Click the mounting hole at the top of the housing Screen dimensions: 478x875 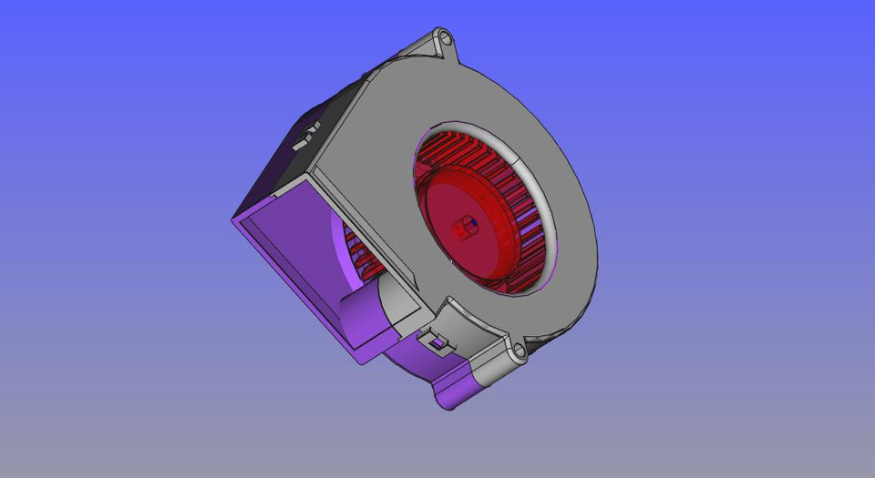tap(446, 38)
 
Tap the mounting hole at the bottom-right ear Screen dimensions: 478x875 tap(520, 350)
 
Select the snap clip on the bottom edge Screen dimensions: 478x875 tap(438, 341)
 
